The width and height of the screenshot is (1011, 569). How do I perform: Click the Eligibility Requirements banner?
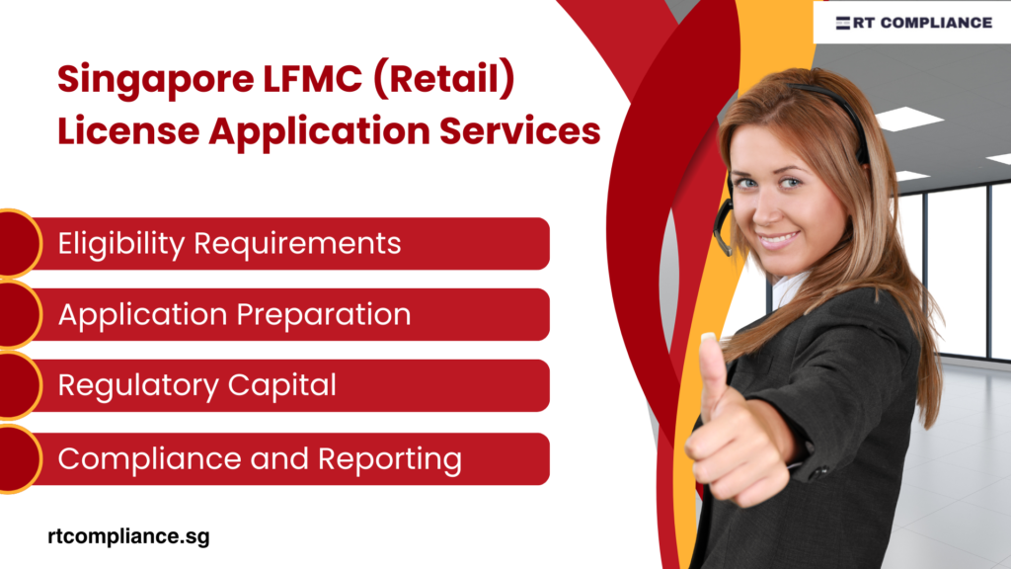286,243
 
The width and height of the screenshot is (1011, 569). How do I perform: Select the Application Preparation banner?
286,314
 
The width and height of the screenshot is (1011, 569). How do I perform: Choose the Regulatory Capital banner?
286,385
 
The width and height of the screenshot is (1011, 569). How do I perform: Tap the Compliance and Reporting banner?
286,458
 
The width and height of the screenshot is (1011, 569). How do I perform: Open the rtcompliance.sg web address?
128,536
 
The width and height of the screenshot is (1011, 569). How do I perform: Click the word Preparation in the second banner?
324,315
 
